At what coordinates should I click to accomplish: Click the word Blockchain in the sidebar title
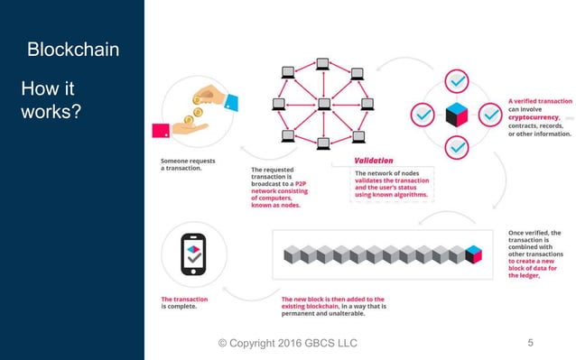pos(73,49)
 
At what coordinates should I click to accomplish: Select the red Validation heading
pos(374,161)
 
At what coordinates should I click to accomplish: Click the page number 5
pos(530,343)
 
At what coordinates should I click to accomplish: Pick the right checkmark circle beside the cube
pos(488,115)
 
